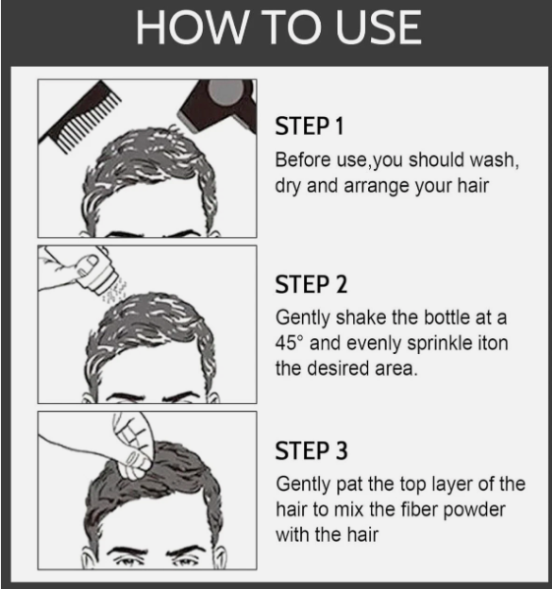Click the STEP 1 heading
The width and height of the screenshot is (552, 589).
310,128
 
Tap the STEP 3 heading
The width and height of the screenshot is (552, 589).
311,452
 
